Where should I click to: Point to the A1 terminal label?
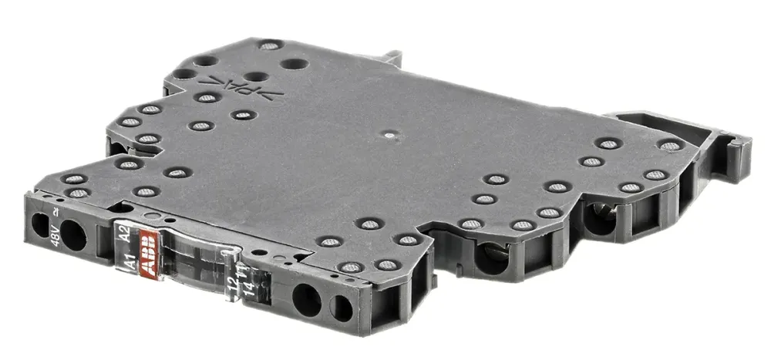click(130, 265)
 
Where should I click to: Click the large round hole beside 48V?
click(74, 235)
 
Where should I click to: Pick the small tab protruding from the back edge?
click(392, 58)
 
